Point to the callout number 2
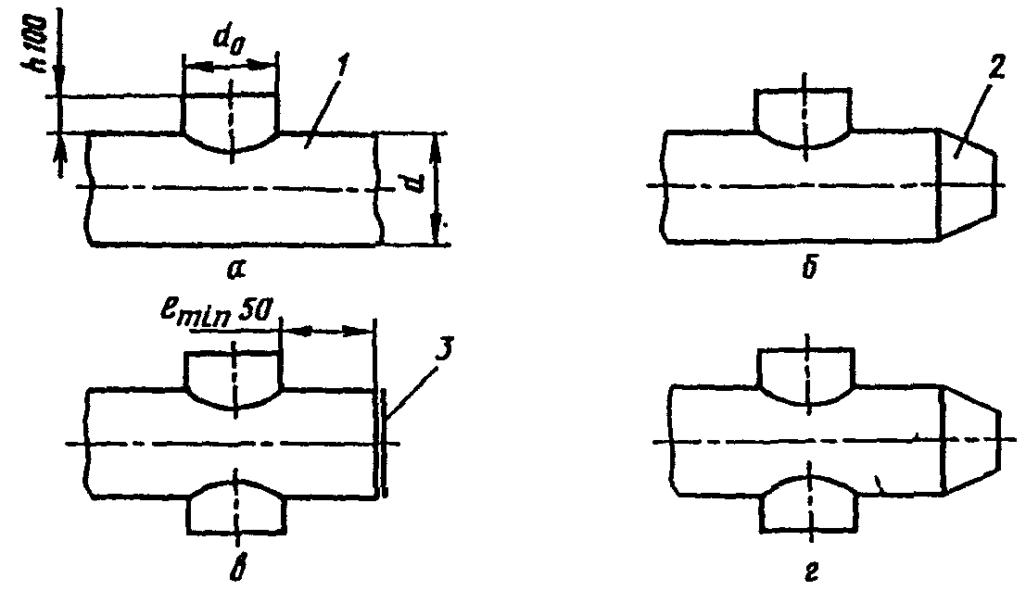pyautogui.click(x=996, y=70)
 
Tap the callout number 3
pyautogui.click(x=442, y=352)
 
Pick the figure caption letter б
pyautogui.click(x=809, y=268)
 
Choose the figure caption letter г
pyautogui.click(x=810, y=572)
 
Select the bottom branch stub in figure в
pyautogui.click(x=236, y=508)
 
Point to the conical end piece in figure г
pyautogui.click(x=972, y=442)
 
